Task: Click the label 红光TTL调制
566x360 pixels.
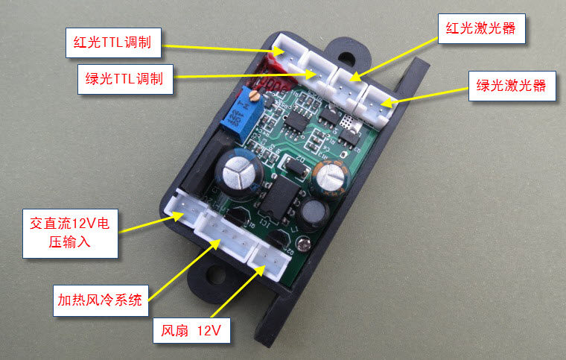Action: click(113, 42)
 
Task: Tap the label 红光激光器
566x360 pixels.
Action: click(480, 30)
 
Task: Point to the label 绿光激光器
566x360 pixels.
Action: click(511, 86)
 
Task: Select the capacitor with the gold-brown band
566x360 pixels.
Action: click(331, 176)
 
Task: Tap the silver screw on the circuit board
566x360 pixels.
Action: click(302, 243)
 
